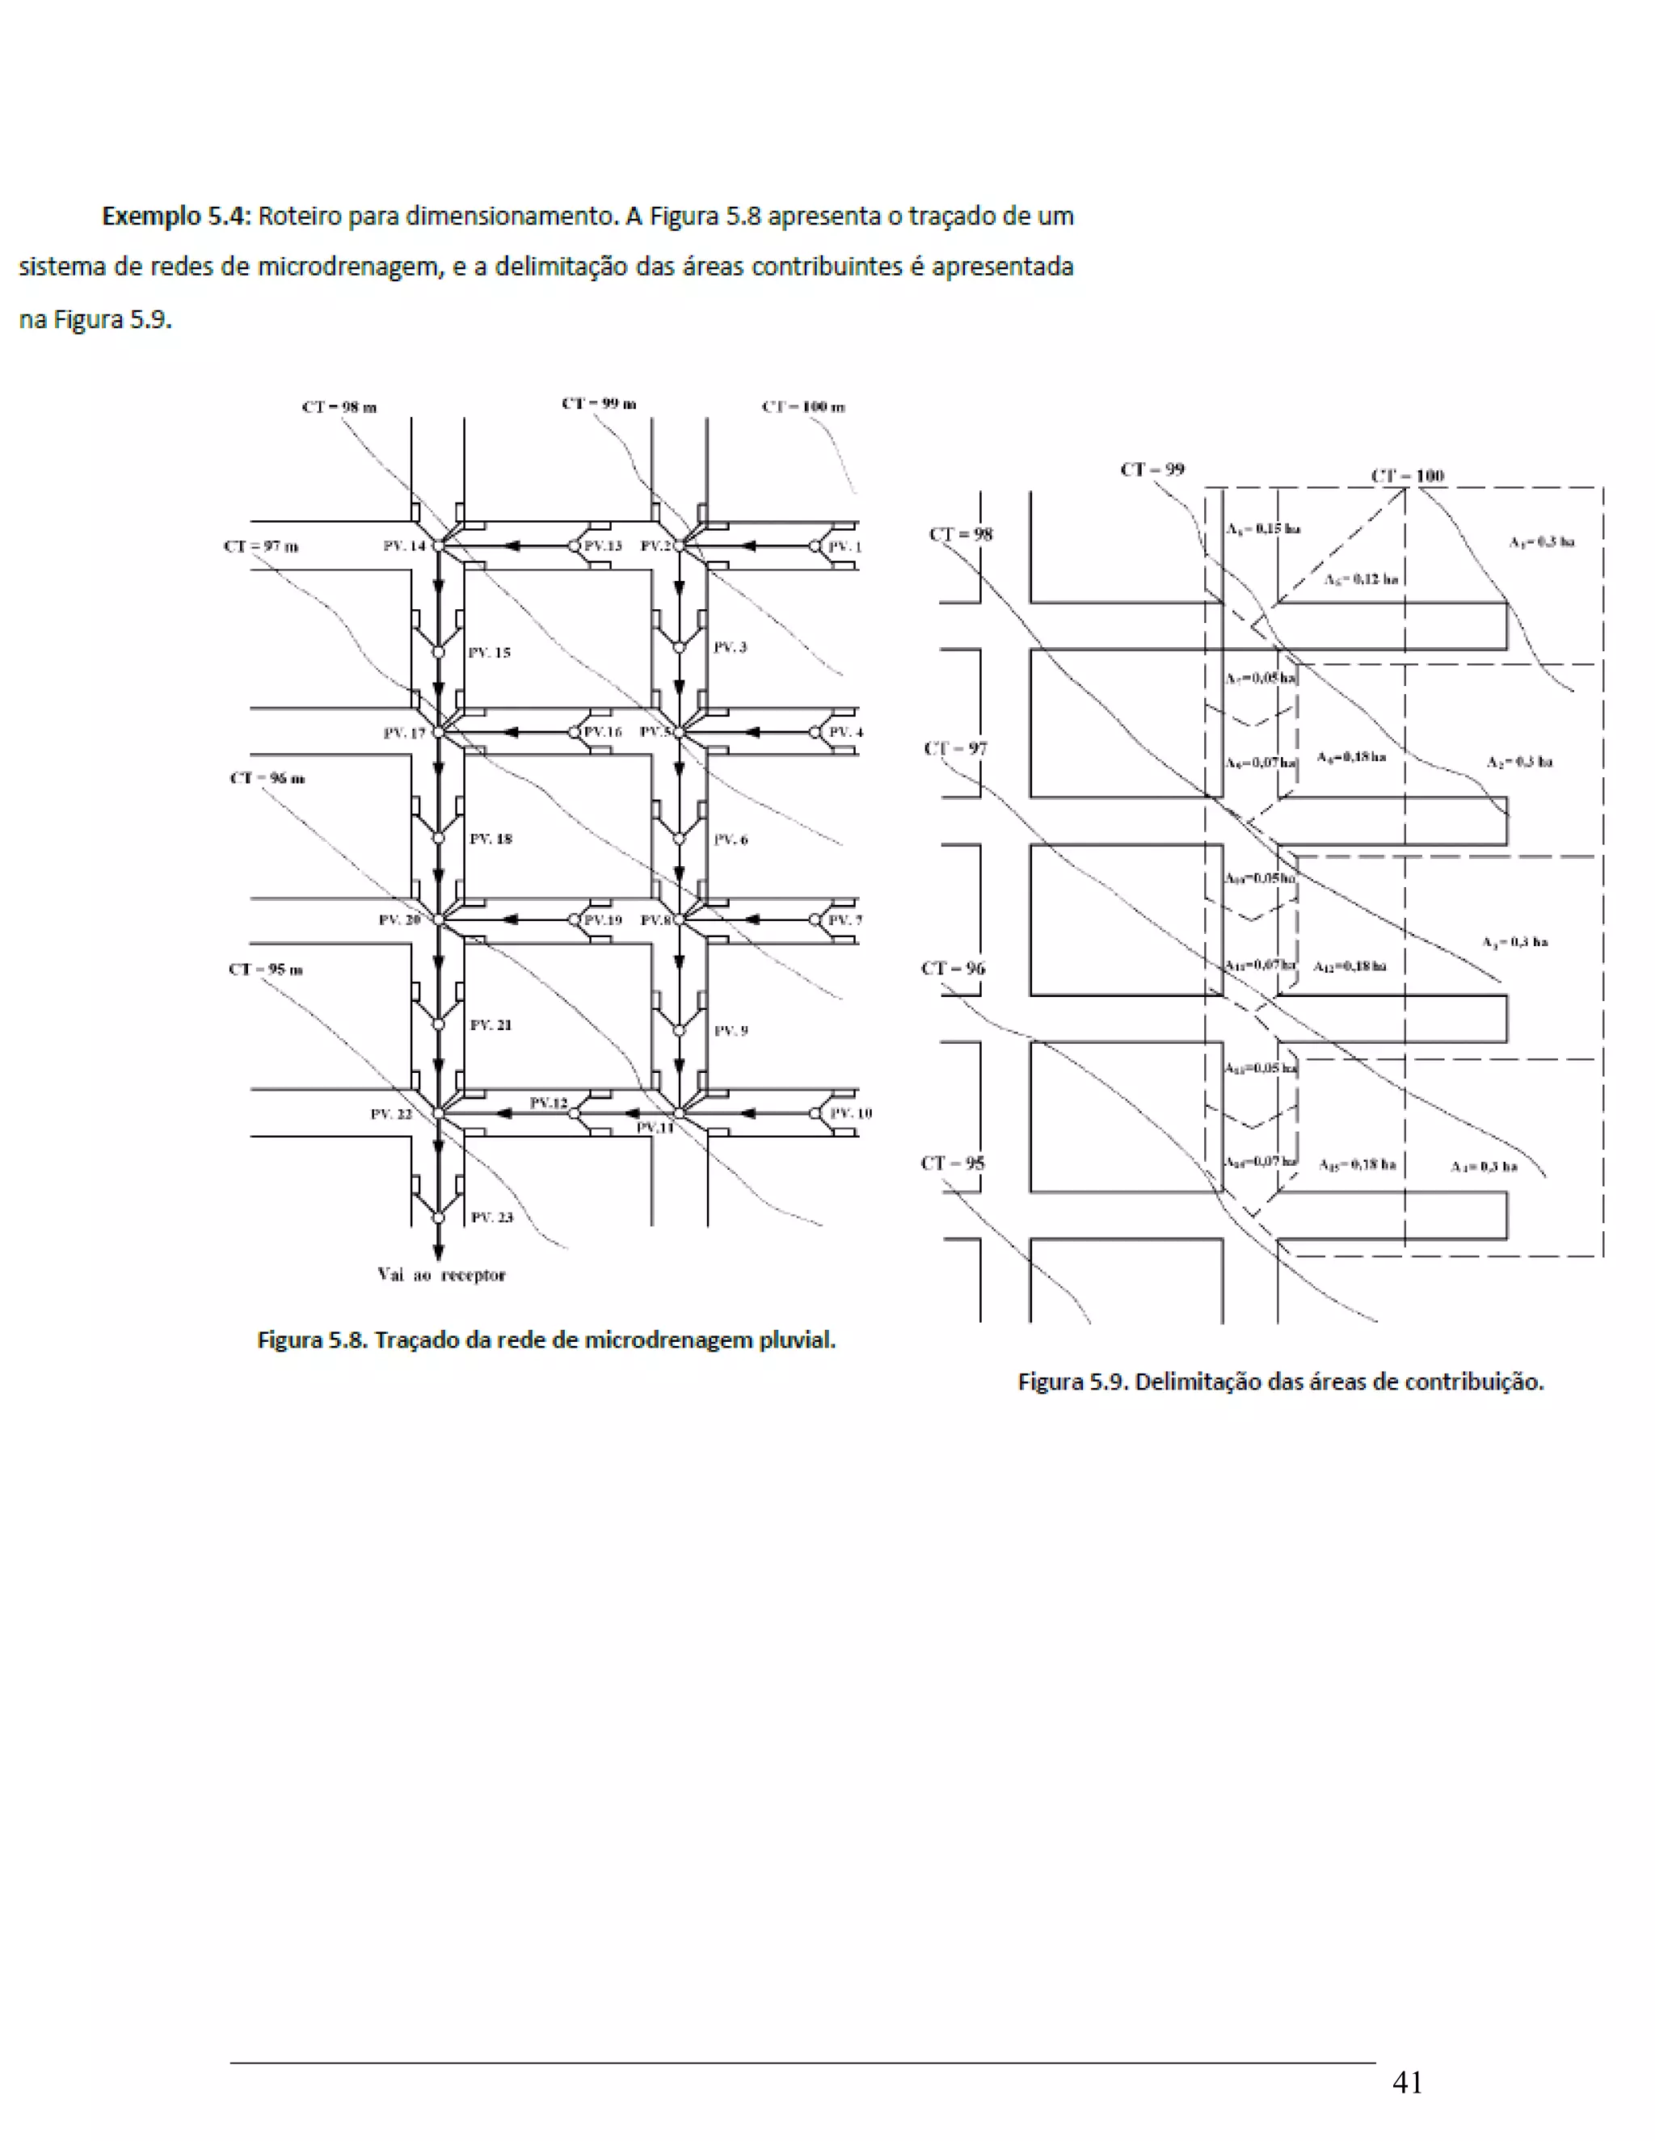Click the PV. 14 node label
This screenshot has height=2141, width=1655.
404,546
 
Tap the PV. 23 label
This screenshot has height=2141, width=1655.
491,1217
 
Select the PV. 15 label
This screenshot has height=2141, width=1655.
489,652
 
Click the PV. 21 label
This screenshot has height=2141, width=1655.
491,1024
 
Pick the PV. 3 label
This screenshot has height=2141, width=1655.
731,647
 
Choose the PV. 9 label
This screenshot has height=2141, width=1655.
731,1030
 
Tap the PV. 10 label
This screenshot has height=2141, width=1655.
850,1113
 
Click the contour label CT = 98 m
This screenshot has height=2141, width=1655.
339,407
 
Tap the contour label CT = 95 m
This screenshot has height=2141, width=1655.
266,970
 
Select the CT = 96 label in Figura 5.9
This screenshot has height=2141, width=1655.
953,969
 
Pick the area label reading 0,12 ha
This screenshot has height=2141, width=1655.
1361,579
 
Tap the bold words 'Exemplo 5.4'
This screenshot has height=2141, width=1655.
176,216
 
